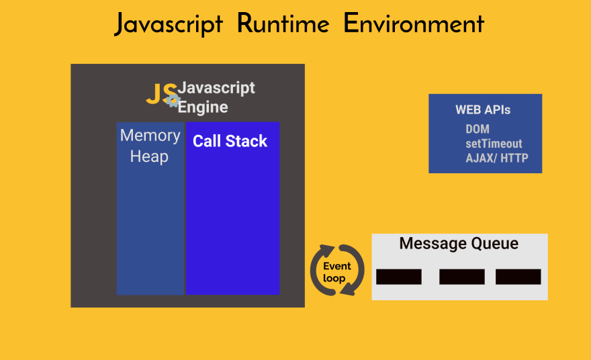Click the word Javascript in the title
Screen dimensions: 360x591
click(169, 24)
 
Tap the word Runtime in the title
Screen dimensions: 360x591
click(283, 24)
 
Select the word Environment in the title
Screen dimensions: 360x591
click(414, 24)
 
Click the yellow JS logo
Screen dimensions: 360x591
click(160, 94)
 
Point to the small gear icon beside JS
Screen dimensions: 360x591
click(173, 101)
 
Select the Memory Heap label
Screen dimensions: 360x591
click(150, 146)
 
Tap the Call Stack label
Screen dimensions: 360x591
click(230, 141)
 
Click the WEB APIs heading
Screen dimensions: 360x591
click(483, 110)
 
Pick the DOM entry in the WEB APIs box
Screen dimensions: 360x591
click(478, 129)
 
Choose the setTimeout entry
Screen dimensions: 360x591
click(494, 144)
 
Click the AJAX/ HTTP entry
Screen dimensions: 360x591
click(497, 159)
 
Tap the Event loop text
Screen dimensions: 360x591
click(337, 272)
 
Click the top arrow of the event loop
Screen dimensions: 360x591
click(329, 251)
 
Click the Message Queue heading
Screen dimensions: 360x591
click(459, 243)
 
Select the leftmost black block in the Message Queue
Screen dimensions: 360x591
click(399, 277)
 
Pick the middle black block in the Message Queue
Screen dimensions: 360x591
click(462, 277)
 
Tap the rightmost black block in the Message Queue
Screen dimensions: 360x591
click(518, 277)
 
